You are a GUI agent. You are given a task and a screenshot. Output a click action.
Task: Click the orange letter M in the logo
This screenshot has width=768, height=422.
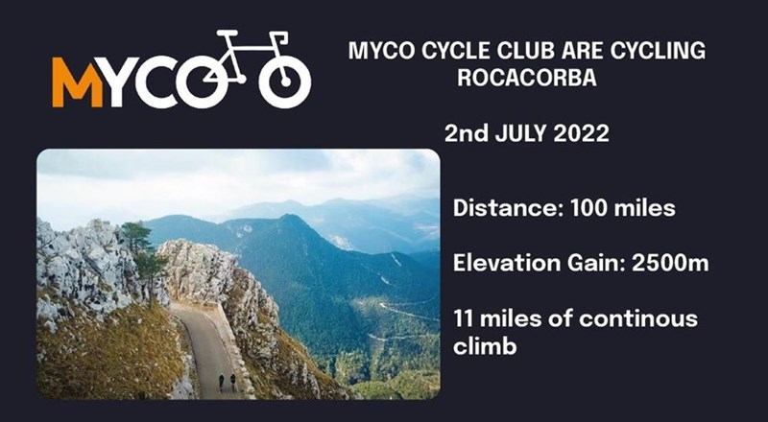click(x=71, y=82)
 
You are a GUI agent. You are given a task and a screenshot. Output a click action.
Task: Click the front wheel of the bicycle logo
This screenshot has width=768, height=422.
click(x=285, y=81)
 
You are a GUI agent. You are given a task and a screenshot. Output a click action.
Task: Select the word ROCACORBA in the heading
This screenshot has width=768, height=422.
click(x=527, y=80)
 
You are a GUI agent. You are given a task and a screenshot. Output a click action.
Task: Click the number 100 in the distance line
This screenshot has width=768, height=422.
click(x=592, y=206)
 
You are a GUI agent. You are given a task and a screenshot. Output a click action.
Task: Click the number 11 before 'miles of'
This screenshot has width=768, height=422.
click(x=464, y=317)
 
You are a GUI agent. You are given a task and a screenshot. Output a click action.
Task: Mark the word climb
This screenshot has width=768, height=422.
click(x=485, y=345)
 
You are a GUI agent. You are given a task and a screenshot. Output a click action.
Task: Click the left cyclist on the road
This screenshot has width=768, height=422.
click(x=221, y=382)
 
